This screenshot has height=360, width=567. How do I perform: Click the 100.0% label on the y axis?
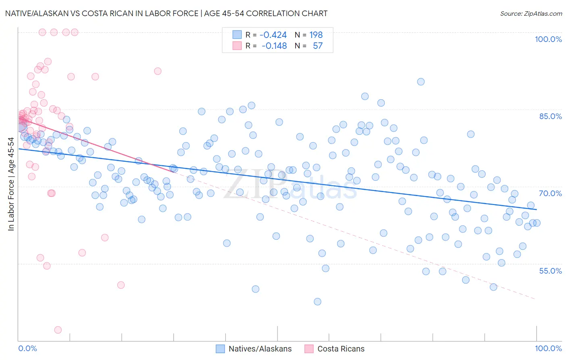pyautogui.click(x=548, y=39)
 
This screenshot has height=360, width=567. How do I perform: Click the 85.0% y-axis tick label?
pyautogui.click(x=550, y=116)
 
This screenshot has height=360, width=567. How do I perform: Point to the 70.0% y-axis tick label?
pyautogui.click(x=550, y=193)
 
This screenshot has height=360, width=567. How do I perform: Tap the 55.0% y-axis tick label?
pyautogui.click(x=550, y=271)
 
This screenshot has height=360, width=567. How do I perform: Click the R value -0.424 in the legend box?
pyautogui.click(x=273, y=35)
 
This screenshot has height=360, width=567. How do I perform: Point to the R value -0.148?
pyautogui.click(x=274, y=46)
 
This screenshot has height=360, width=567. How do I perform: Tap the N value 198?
pyautogui.click(x=316, y=35)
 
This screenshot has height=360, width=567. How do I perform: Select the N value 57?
pyautogui.click(x=318, y=46)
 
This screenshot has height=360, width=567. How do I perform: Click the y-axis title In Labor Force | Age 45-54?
pyautogui.click(x=11, y=184)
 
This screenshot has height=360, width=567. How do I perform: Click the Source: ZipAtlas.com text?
pyautogui.click(x=531, y=14)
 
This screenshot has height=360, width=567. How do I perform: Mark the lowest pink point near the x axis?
pyautogui.click(x=58, y=330)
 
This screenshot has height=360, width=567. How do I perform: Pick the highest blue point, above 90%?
pyautogui.click(x=421, y=82)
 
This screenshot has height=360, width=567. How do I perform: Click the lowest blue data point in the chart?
pyautogui.click(x=317, y=301)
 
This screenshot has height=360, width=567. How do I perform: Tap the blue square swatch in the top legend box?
pyautogui.click(x=237, y=35)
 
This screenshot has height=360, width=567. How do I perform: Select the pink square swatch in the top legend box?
pyautogui.click(x=237, y=46)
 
